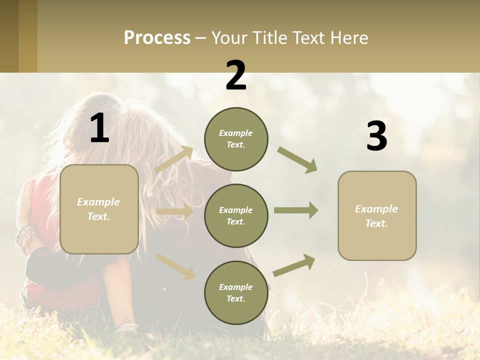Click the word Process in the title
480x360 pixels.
(157, 38)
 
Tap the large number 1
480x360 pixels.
(99, 128)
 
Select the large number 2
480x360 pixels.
(236, 75)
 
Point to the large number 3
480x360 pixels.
(377, 136)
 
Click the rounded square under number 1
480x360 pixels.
(99, 209)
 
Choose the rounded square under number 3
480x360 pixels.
(377, 215)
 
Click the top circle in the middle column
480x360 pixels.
(236, 139)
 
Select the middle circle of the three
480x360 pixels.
(236, 215)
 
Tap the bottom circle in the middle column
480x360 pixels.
(236, 292)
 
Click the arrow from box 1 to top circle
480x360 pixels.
(174, 159)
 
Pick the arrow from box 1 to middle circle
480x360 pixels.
(174, 212)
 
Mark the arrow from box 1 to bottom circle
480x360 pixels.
(175, 266)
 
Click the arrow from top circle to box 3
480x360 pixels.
(297, 159)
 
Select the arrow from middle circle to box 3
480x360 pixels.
(295, 210)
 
